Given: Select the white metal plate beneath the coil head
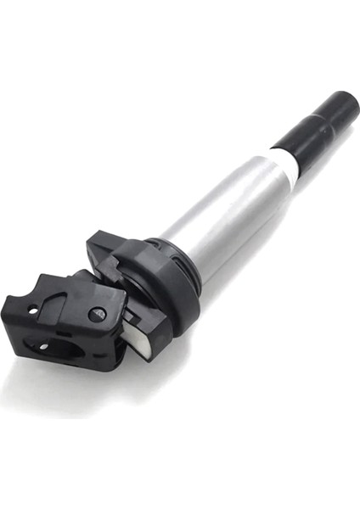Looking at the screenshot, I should point(139,335).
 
